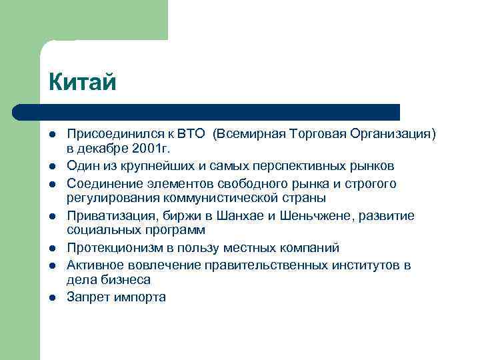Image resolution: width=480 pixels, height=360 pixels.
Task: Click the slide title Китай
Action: [83, 83]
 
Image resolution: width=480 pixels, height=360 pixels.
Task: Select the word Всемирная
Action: [247, 134]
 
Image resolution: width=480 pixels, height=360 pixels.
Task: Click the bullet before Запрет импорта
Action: [53, 297]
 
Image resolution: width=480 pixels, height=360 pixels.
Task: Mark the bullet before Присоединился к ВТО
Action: [53, 135]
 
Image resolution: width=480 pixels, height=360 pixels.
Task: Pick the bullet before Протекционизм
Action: [53, 249]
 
